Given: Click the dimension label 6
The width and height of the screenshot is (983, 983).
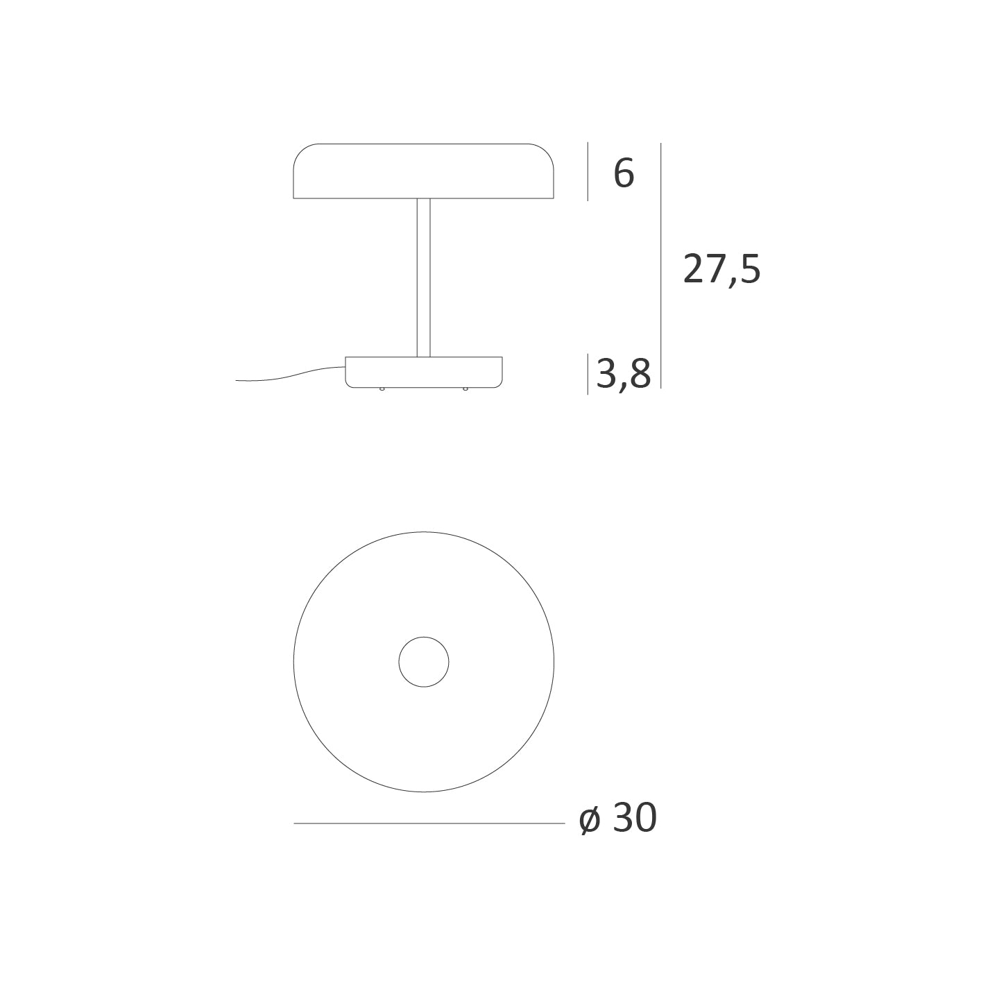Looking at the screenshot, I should tap(624, 173).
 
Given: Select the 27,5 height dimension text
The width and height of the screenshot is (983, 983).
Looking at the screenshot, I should tap(721, 269).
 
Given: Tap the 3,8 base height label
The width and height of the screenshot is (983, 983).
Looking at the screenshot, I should tap(623, 375).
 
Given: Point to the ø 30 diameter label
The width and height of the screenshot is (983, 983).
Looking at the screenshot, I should tap(618, 819).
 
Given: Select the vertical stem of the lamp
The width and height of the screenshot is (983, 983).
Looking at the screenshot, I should tap(423, 277).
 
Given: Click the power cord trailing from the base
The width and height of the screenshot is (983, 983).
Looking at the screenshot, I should tap(291, 375).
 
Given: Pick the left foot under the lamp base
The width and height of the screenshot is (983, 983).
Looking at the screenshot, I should tap(382, 388).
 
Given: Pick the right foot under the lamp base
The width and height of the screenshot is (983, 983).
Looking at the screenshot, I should tap(465, 388).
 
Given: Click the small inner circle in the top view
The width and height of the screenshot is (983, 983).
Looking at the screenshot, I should tap(424, 662).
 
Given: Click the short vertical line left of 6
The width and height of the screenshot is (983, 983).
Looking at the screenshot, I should tap(588, 171).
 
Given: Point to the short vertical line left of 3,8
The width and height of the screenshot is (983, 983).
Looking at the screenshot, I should tap(588, 374).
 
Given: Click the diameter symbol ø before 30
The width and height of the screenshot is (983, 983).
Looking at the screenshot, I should tap(590, 821).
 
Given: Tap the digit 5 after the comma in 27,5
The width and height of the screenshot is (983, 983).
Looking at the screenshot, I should tap(750, 269).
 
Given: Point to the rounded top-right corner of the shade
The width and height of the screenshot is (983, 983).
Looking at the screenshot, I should tap(546, 152).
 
